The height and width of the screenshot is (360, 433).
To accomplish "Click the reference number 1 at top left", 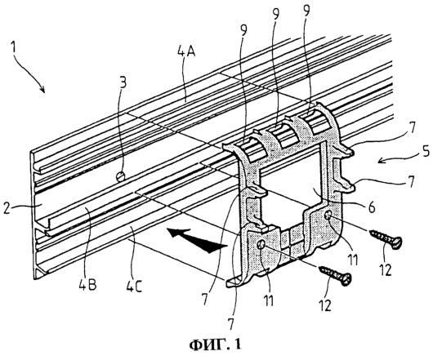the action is [13, 47].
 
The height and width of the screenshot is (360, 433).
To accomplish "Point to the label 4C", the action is [134, 286].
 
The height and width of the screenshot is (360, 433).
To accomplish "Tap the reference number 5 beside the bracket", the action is [425, 153].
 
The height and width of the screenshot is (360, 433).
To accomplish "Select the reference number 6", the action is [372, 207].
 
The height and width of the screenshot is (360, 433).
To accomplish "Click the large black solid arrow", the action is [197, 240].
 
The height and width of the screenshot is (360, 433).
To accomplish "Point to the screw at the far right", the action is [385, 238].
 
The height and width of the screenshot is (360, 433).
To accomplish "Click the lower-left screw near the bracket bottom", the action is [334, 275].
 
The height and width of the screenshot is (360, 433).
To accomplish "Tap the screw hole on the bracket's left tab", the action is [261, 243].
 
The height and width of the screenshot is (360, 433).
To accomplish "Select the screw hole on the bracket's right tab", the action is [328, 215].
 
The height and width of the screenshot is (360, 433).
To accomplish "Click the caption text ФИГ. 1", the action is [215, 344].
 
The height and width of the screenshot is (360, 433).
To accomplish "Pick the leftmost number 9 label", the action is [243, 32].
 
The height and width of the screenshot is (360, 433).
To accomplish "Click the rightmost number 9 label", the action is [306, 11].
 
